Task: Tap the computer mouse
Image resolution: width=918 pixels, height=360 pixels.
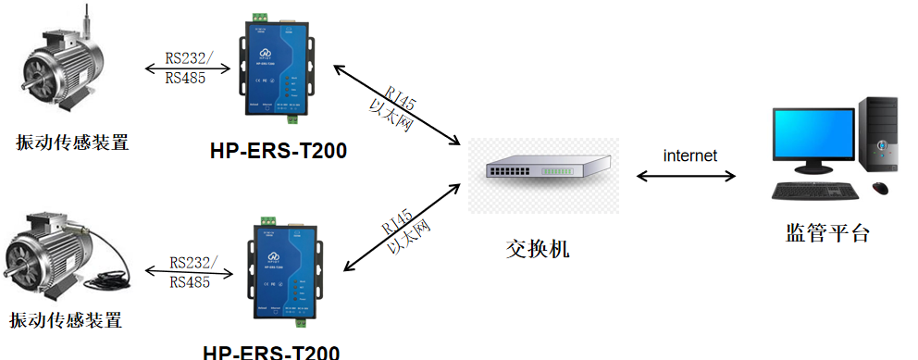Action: pyautogui.click(x=879, y=188)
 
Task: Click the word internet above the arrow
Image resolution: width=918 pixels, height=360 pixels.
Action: pyautogui.click(x=689, y=155)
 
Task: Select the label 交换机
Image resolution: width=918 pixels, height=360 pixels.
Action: pyautogui.click(x=539, y=249)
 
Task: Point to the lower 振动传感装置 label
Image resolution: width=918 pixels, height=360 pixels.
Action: pyautogui.click(x=66, y=321)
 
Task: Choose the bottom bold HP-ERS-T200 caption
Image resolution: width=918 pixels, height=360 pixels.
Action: pyautogui.click(x=271, y=352)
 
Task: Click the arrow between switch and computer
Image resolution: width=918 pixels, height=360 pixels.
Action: pyautogui.click(x=686, y=174)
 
